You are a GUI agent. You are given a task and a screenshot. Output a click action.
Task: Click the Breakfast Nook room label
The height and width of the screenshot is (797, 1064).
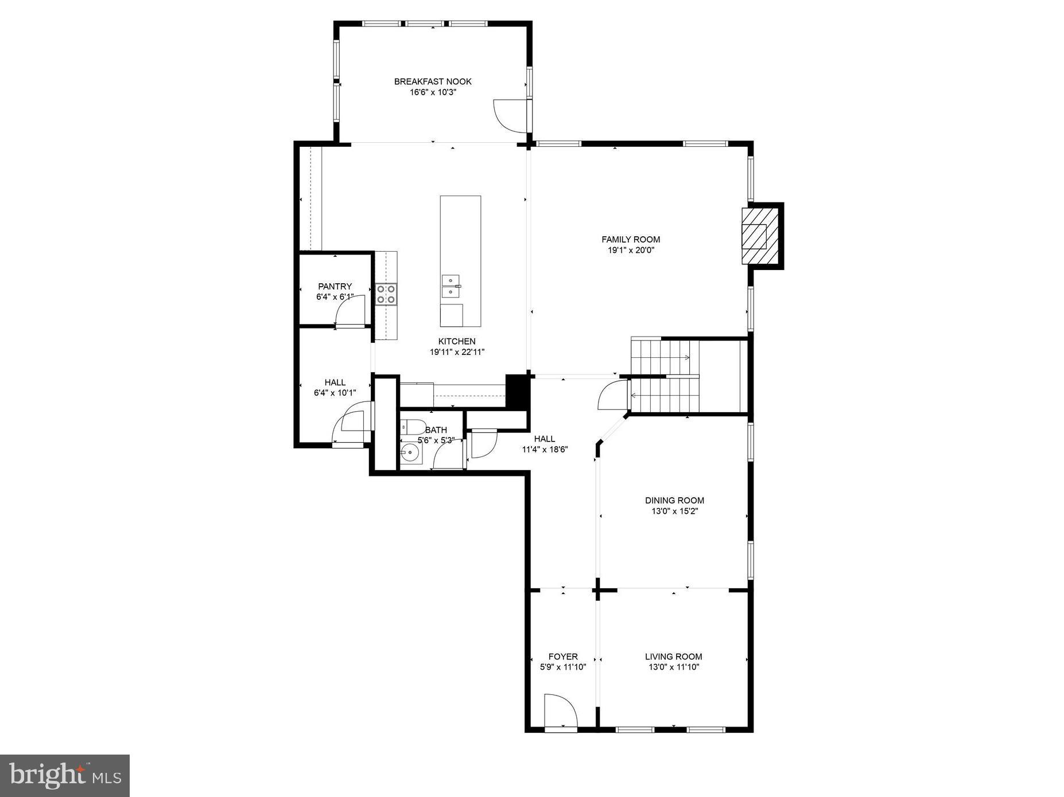pyautogui.click(x=433, y=81)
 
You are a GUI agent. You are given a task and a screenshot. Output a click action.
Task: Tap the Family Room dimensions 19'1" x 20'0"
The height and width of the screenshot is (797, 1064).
pyautogui.click(x=631, y=250)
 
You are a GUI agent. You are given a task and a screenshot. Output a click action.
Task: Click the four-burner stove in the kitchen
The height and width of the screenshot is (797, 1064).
pyautogui.click(x=386, y=294)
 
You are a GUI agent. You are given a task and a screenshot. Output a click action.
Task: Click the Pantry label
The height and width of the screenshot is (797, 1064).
pyautogui.click(x=335, y=286)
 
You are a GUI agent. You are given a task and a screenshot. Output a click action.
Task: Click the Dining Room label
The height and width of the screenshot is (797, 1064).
pyautogui.click(x=674, y=500)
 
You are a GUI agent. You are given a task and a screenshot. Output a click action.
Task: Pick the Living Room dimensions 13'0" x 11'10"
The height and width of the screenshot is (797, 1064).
pyautogui.click(x=674, y=667)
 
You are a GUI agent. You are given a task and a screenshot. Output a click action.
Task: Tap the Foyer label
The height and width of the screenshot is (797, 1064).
pyautogui.click(x=563, y=657)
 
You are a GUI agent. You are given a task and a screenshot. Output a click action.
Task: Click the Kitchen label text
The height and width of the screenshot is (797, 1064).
pyautogui.click(x=457, y=341)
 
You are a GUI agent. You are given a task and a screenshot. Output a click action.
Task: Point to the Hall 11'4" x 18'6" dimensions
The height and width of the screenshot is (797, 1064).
pyautogui.click(x=545, y=450)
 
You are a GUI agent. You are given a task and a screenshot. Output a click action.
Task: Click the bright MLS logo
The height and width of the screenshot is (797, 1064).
pyautogui.click(x=65, y=775)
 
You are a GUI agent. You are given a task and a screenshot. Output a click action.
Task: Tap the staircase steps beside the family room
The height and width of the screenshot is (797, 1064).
pyautogui.click(x=666, y=376)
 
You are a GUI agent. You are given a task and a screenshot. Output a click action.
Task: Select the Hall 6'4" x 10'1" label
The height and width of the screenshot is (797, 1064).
pyautogui.click(x=335, y=382)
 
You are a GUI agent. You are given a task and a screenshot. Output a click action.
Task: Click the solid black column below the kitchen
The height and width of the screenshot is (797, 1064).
pyautogui.click(x=517, y=391)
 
